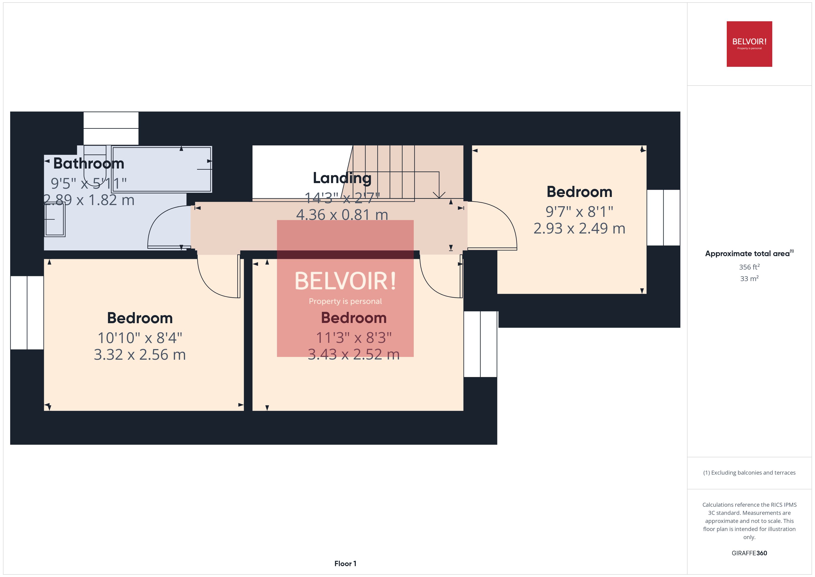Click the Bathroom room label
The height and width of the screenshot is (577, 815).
(x=89, y=163)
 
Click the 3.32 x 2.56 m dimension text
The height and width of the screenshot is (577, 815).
(x=140, y=355)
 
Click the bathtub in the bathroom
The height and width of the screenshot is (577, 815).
(x=161, y=169)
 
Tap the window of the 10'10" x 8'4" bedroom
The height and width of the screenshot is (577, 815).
(x=27, y=313)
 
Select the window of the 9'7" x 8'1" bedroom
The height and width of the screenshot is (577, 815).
(x=663, y=218)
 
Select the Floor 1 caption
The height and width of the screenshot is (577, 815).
(x=345, y=564)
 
